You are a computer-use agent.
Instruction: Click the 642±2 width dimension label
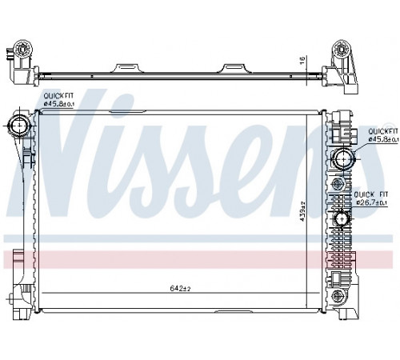click(180, 288)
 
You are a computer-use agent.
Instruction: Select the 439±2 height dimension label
click(302, 211)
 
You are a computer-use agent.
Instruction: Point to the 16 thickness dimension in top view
click(302, 61)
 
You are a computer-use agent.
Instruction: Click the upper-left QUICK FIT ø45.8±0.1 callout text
click(58, 100)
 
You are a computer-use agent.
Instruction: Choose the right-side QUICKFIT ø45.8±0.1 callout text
click(383, 135)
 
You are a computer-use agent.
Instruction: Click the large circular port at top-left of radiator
click(18, 126)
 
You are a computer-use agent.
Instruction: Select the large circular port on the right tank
click(343, 158)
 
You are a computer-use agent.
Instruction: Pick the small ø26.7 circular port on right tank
click(342, 219)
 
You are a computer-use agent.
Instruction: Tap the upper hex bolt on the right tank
click(337, 183)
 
